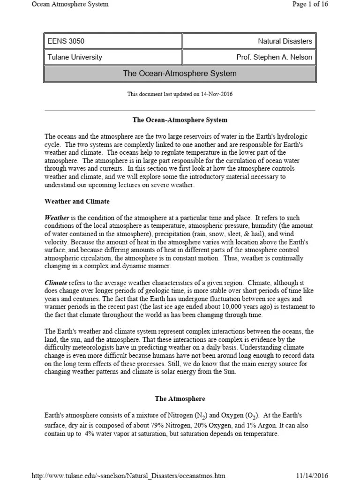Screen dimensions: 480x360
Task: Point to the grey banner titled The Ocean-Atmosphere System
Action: coord(180,74)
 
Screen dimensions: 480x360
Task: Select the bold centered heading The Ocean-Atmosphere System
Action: coord(180,120)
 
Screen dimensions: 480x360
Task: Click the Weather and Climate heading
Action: coord(77,202)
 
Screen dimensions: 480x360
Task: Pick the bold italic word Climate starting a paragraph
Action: coord(56,283)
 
